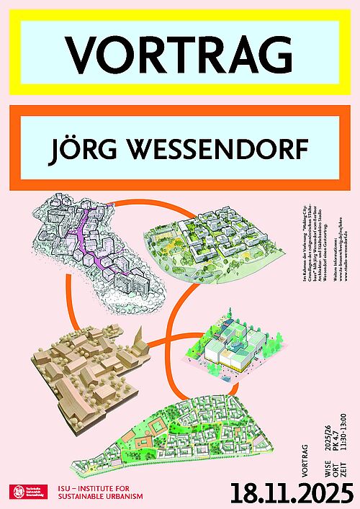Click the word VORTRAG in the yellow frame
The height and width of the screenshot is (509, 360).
(180, 53)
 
